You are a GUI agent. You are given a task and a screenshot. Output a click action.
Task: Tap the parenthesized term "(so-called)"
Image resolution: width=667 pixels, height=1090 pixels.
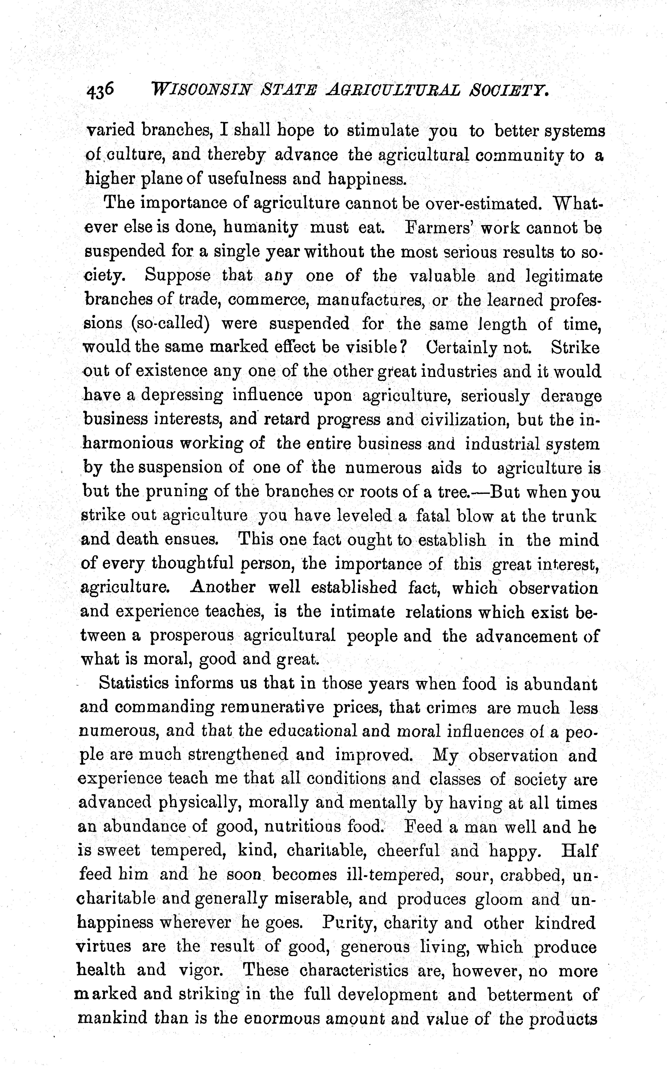169,323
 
